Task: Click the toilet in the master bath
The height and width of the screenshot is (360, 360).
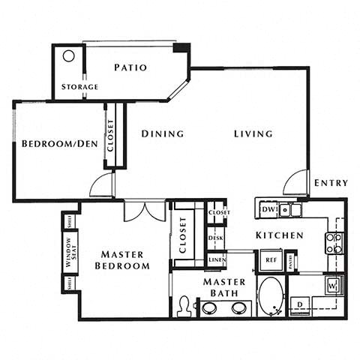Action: pos(184,307)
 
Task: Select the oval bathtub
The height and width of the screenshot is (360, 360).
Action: pos(270,296)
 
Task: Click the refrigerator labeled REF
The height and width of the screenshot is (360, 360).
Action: pos(270,260)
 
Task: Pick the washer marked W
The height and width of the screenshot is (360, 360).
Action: pos(332,285)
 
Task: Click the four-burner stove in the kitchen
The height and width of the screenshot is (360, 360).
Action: pos(334,242)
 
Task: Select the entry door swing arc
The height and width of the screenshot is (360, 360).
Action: pos(295,182)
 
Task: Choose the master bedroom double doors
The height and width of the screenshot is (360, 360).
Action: pos(145,210)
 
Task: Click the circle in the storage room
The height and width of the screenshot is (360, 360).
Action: pos(68,56)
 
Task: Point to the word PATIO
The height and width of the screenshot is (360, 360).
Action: pos(130,67)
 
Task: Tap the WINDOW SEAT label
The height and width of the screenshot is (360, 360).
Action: pos(70,253)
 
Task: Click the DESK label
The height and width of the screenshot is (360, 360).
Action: pos(216,238)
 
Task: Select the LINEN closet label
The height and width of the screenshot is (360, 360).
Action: pos(216,259)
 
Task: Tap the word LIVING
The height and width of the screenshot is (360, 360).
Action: pos(253,133)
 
